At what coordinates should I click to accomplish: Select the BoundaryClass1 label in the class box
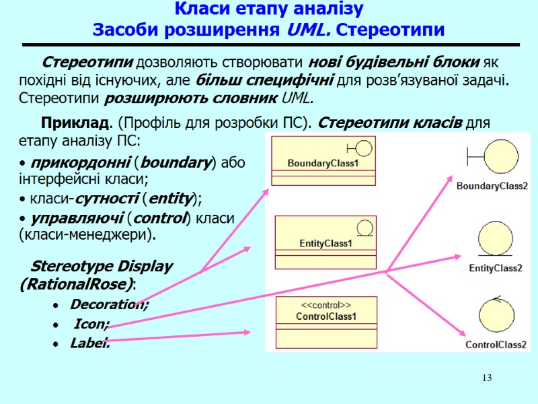(323, 163)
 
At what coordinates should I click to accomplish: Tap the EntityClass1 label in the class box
(325, 243)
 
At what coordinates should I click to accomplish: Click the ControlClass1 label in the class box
(326, 316)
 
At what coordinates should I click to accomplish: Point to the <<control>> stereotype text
(325, 305)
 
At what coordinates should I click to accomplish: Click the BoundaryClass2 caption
(492, 186)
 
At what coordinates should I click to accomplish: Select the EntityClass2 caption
(496, 268)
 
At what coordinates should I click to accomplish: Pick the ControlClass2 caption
(496, 345)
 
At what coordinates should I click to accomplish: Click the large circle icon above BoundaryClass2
(496, 157)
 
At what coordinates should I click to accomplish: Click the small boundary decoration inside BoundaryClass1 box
(359, 148)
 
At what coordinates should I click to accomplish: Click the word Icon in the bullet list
(91, 324)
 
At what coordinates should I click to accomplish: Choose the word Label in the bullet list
(89, 344)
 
